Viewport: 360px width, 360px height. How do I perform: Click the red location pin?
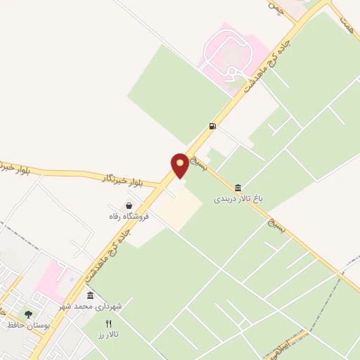click(x=180, y=165)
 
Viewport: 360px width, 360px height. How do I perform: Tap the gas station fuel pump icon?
click(x=212, y=127)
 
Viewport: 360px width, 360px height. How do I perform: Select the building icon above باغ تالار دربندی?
click(x=238, y=188)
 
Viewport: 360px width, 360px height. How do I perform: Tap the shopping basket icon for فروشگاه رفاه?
click(x=129, y=205)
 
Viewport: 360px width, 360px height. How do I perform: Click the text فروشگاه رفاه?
click(x=129, y=217)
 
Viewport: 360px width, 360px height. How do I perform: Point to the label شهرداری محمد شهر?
click(x=97, y=307)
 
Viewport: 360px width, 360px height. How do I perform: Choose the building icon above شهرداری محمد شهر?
click(x=90, y=295)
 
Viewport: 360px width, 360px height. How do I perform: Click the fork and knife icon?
click(x=108, y=324)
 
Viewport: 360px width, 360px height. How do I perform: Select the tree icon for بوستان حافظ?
click(x=28, y=314)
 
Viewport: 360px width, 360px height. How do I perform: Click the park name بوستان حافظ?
click(x=21, y=325)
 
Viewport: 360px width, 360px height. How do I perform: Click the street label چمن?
click(x=275, y=10)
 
